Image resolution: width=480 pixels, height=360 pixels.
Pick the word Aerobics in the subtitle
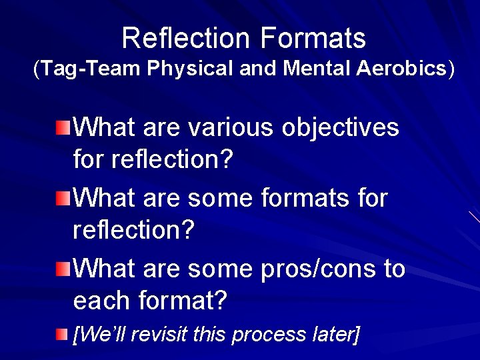(405, 69)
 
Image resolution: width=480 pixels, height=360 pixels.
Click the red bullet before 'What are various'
(62, 127)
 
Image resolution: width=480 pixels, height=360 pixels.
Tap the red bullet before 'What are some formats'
(62, 198)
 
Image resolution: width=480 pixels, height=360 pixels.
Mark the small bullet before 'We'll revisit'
(62, 333)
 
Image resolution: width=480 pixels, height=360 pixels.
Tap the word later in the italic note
(333, 334)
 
